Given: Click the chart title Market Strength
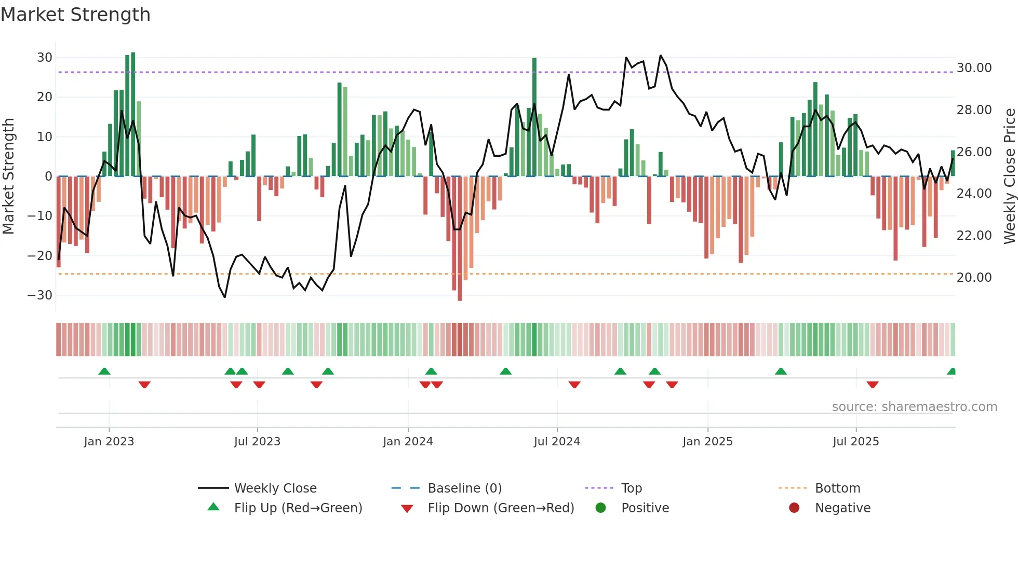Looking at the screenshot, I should pyautogui.click(x=75, y=15).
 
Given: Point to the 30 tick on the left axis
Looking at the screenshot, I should pyautogui.click(x=44, y=58).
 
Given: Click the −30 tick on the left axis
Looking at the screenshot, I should pyautogui.click(x=40, y=295).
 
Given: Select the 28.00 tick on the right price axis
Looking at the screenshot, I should pyautogui.click(x=974, y=110).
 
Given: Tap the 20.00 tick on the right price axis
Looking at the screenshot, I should pyautogui.click(x=974, y=278).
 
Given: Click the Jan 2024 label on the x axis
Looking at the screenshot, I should pyautogui.click(x=408, y=442).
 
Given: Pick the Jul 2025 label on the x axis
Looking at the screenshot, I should pyautogui.click(x=855, y=442).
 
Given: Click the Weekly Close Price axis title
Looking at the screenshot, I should pyautogui.click(x=1009, y=176).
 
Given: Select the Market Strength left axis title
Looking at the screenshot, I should pyautogui.click(x=8, y=176).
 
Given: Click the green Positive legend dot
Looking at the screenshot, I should pyautogui.click(x=601, y=508).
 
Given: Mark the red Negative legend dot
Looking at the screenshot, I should pyautogui.click(x=794, y=508).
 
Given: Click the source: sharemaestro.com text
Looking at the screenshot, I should pyautogui.click(x=914, y=407).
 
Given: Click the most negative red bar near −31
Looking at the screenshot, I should pyautogui.click(x=460, y=239).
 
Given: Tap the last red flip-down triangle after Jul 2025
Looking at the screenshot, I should pyautogui.click(x=873, y=385).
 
